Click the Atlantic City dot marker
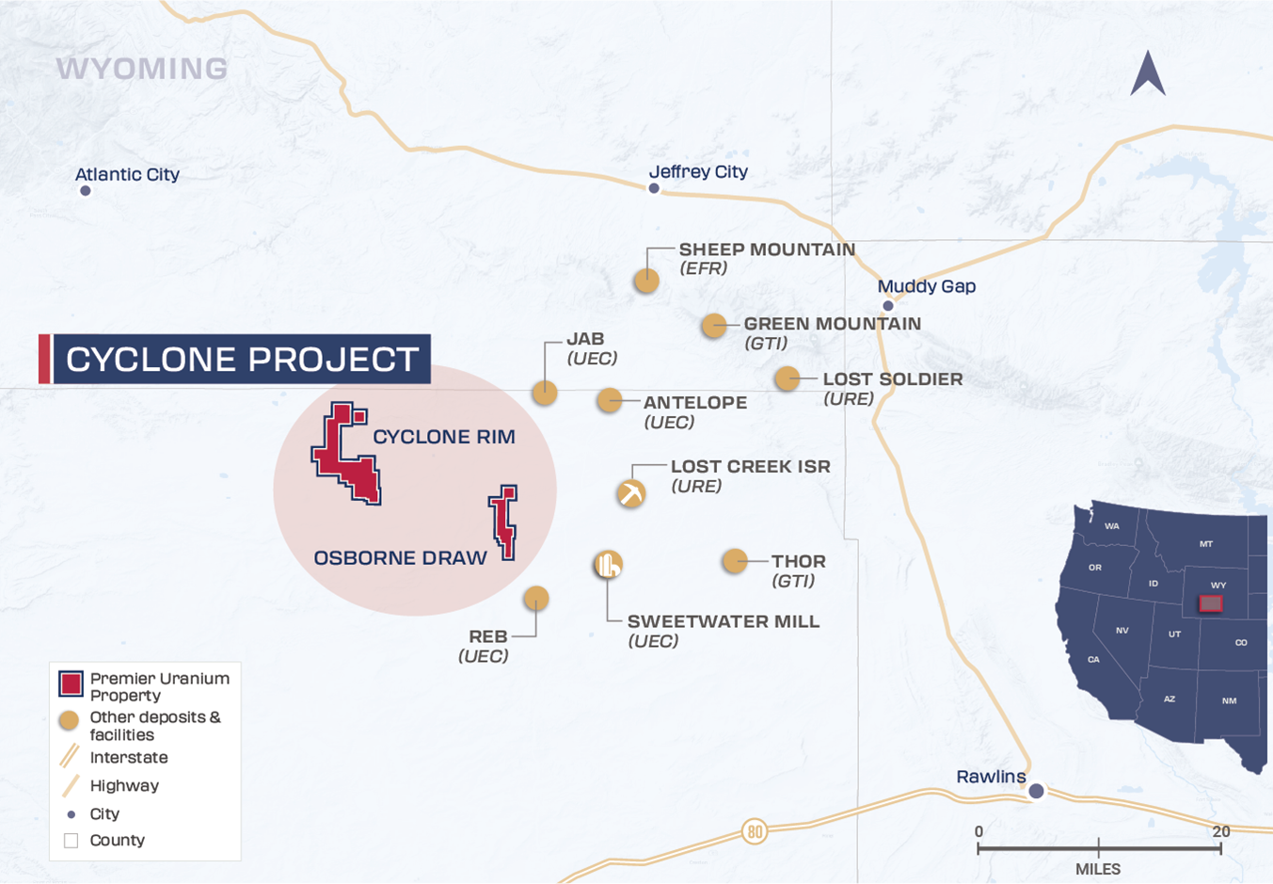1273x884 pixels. point(86,191)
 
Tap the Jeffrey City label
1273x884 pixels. point(698,171)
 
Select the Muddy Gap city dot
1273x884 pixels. point(887,306)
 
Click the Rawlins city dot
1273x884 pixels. point(1036,792)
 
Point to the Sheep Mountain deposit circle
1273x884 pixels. point(646,281)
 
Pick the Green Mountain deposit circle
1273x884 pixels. point(714,326)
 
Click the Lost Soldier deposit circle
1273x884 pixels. point(788,378)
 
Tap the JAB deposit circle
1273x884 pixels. point(545,393)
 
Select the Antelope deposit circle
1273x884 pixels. point(610,400)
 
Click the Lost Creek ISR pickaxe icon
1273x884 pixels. point(631,493)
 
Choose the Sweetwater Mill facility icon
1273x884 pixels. point(609,564)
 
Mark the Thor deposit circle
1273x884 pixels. point(735,561)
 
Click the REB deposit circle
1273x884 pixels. point(536,598)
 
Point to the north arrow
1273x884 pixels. point(1148,73)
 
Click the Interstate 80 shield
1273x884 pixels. point(754,831)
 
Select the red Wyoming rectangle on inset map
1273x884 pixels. point(1211,603)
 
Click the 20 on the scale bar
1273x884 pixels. point(1220,831)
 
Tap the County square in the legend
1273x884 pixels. point(71,841)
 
